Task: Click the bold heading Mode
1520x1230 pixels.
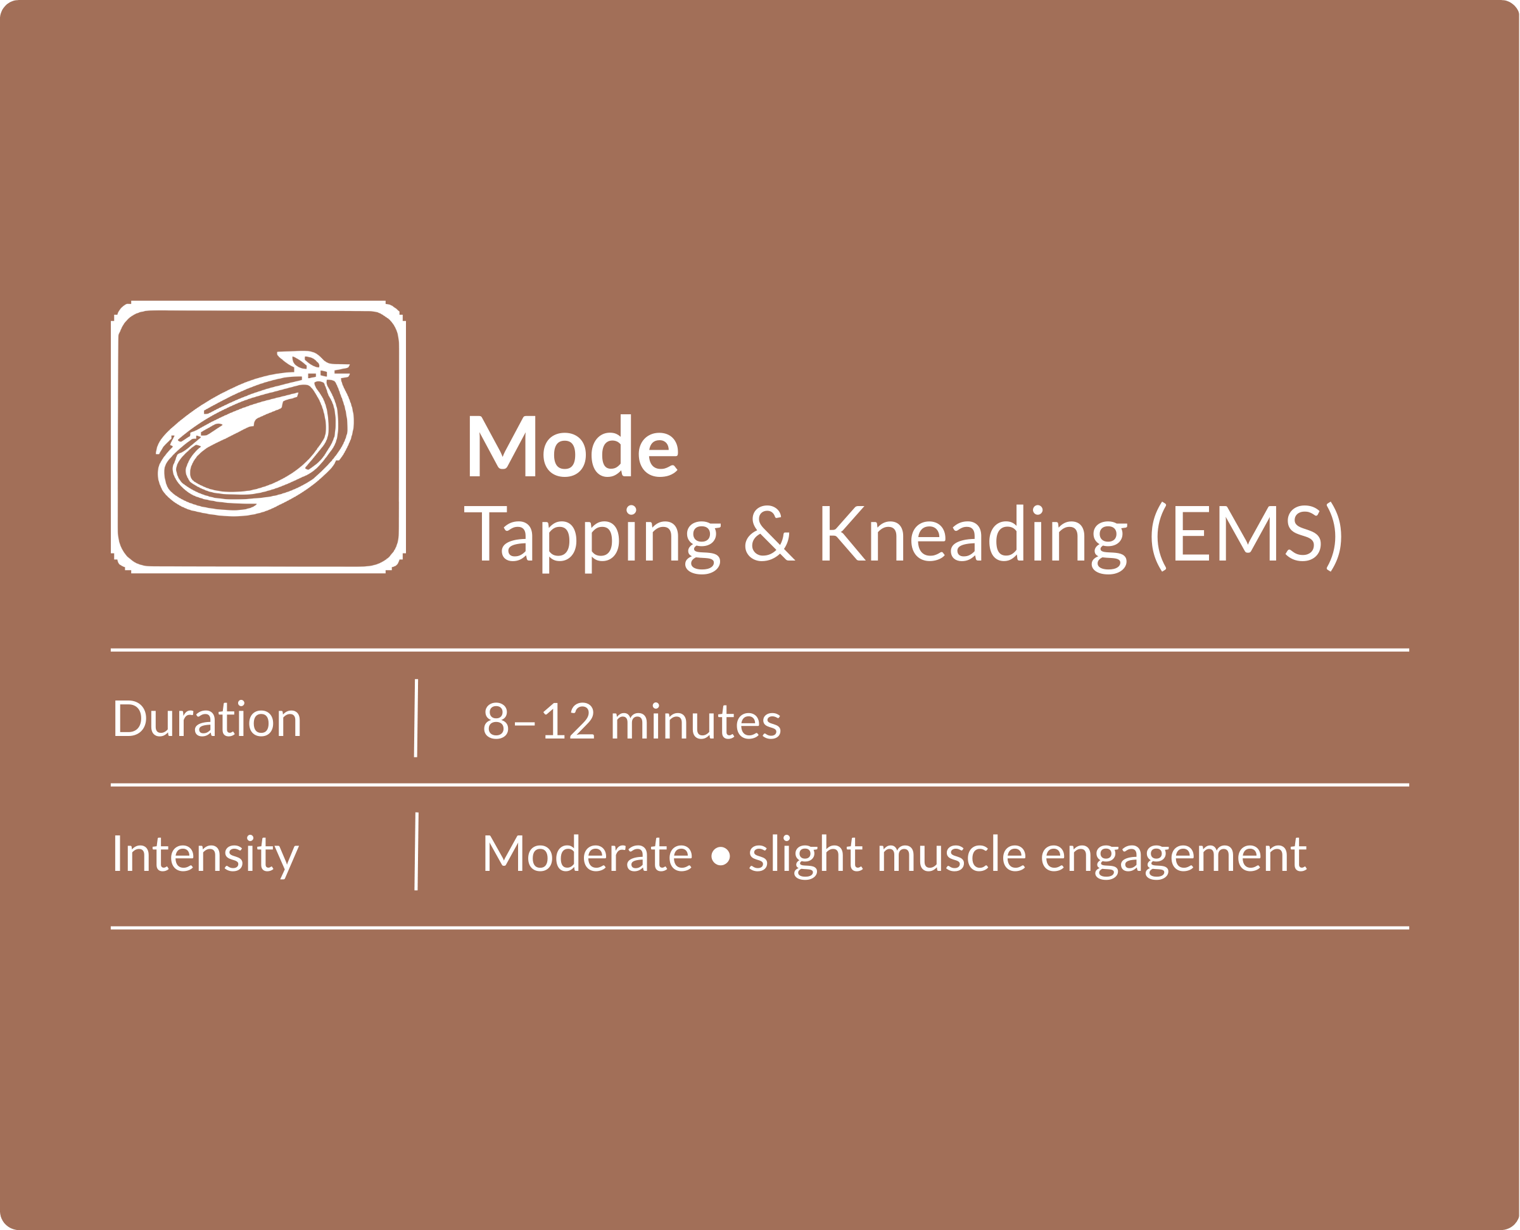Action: tap(572, 445)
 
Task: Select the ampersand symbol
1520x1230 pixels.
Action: tap(770, 533)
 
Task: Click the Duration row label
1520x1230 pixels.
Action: tap(207, 718)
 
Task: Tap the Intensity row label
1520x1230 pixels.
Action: tap(205, 856)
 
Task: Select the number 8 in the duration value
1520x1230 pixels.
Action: tap(496, 721)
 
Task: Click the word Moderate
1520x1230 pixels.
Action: tap(587, 853)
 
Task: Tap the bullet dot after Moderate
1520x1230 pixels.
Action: tap(720, 856)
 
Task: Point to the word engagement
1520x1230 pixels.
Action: tap(1174, 858)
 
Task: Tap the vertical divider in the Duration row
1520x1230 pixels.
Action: tap(415, 718)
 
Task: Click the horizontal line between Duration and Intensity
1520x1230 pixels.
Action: tap(760, 785)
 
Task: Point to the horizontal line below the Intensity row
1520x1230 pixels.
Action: tap(760, 927)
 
